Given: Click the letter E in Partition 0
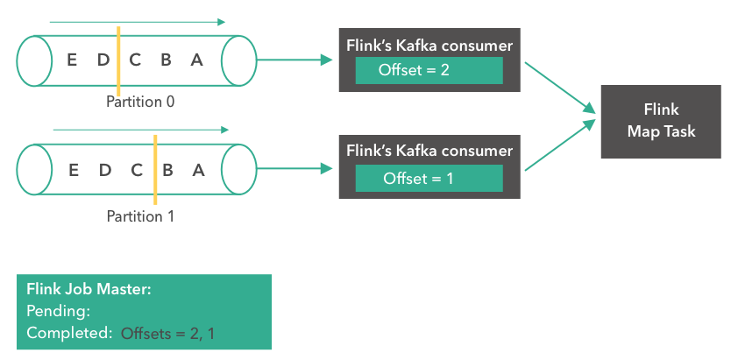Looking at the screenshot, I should click(x=72, y=60).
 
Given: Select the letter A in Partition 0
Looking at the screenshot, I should click(x=196, y=60).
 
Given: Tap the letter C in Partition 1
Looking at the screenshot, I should click(x=136, y=170).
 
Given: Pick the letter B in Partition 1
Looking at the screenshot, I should click(x=167, y=170).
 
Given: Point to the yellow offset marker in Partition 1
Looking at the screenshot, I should click(x=154, y=167).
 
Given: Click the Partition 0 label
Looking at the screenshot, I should click(x=140, y=102).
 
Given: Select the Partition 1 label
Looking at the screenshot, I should click(x=140, y=215).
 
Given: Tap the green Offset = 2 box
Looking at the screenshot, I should click(x=429, y=70).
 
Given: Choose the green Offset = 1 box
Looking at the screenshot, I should click(x=429, y=178).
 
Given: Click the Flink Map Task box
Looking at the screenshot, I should click(x=660, y=121).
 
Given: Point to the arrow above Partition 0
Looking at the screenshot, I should click(x=137, y=22).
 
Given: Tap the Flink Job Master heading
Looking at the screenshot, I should click(x=89, y=289).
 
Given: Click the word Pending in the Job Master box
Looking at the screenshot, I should click(x=58, y=311).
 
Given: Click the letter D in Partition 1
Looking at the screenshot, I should click(x=104, y=170).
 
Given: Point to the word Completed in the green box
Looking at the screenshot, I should click(x=68, y=333).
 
